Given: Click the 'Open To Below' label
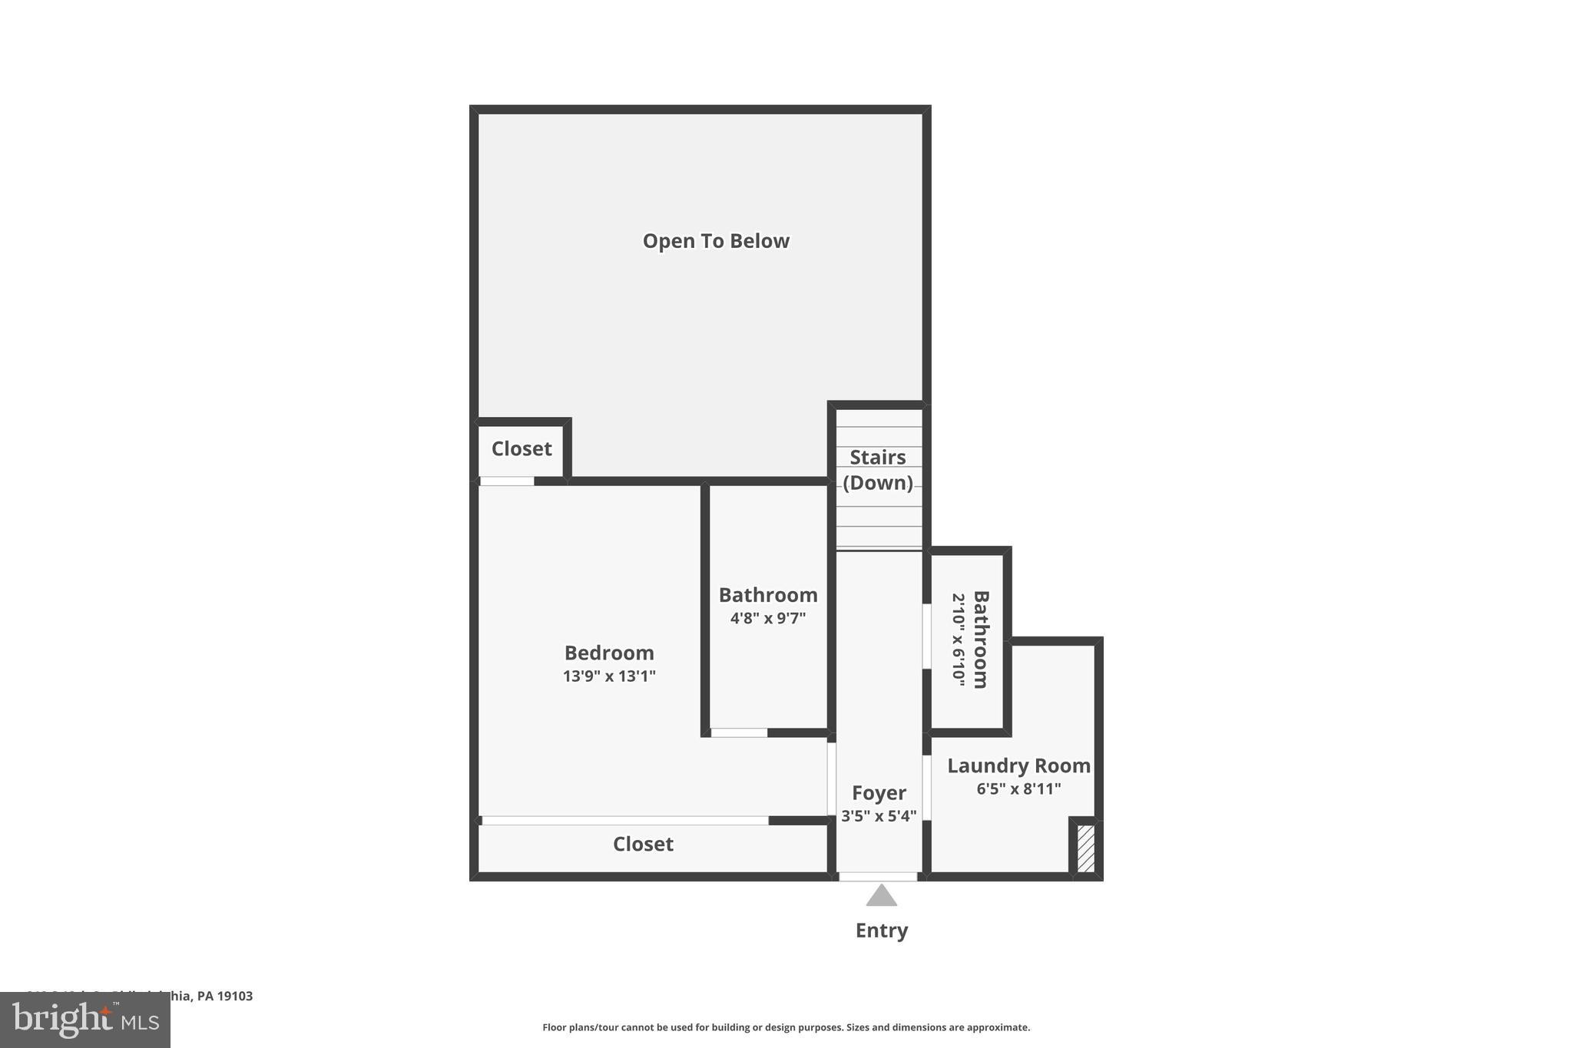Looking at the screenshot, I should click(716, 241).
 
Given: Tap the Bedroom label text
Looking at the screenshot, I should click(609, 653).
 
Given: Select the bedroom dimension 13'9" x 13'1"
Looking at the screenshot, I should click(609, 676).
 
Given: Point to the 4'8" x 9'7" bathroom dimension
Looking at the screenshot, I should click(768, 618).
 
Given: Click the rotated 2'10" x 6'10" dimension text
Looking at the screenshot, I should click(958, 640).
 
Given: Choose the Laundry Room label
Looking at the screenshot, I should click(1018, 765).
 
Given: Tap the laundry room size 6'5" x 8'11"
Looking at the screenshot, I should click(1018, 788).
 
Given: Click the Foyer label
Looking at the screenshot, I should click(879, 792).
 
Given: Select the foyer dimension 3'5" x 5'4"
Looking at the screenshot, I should click(879, 816).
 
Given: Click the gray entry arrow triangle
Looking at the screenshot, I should click(882, 897).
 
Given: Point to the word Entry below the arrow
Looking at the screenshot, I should click(882, 931).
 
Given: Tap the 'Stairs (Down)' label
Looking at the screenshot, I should click(878, 470).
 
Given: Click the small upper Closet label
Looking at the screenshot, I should click(522, 449).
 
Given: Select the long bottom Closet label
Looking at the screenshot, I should click(643, 845).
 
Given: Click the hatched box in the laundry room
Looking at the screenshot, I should click(1085, 848).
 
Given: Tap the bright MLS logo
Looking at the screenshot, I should click(85, 1020).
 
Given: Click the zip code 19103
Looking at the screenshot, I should click(235, 997).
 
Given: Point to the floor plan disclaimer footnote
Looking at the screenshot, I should click(786, 1027).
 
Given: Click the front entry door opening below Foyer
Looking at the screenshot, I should click(878, 877).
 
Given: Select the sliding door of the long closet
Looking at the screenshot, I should click(624, 821).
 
